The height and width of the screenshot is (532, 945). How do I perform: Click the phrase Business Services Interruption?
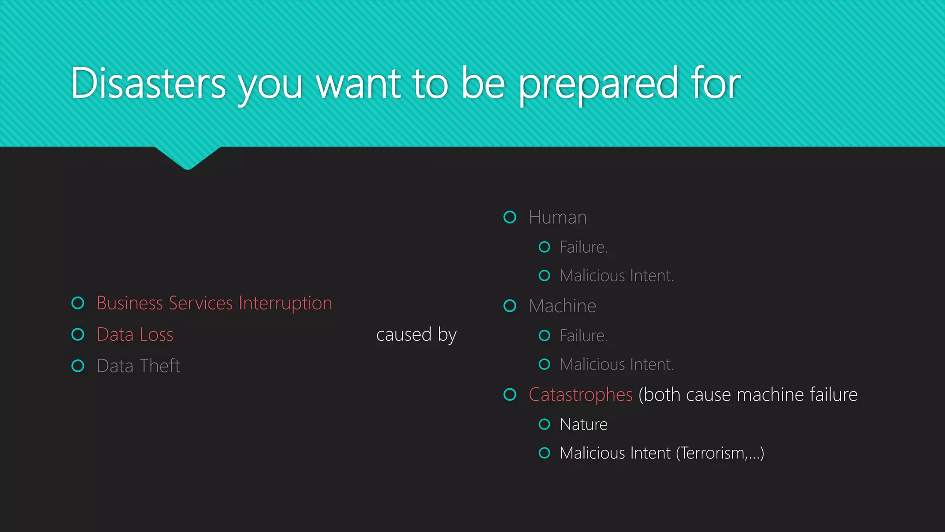(x=214, y=303)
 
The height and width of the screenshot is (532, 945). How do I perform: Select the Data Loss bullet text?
(x=135, y=335)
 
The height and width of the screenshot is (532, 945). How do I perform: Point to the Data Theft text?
(x=138, y=366)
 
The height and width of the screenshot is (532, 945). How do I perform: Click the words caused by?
(x=416, y=335)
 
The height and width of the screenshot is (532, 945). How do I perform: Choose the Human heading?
(x=557, y=218)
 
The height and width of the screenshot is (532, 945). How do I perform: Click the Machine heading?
(x=562, y=306)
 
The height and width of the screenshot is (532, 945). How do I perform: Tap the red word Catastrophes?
(x=580, y=395)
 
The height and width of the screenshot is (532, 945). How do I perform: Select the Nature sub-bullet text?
(x=583, y=424)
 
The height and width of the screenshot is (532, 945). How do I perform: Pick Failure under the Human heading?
(x=583, y=247)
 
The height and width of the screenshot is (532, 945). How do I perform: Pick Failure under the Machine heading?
(x=583, y=336)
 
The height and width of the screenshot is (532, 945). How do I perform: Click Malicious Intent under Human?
(x=616, y=276)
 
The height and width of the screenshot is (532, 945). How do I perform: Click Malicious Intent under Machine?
(x=616, y=364)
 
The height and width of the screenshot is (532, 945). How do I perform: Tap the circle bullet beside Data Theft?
(x=78, y=366)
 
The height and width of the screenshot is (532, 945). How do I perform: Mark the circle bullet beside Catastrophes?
(x=510, y=395)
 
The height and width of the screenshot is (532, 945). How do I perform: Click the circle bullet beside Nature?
(x=544, y=424)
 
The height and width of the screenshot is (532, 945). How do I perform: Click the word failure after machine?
(x=833, y=395)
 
